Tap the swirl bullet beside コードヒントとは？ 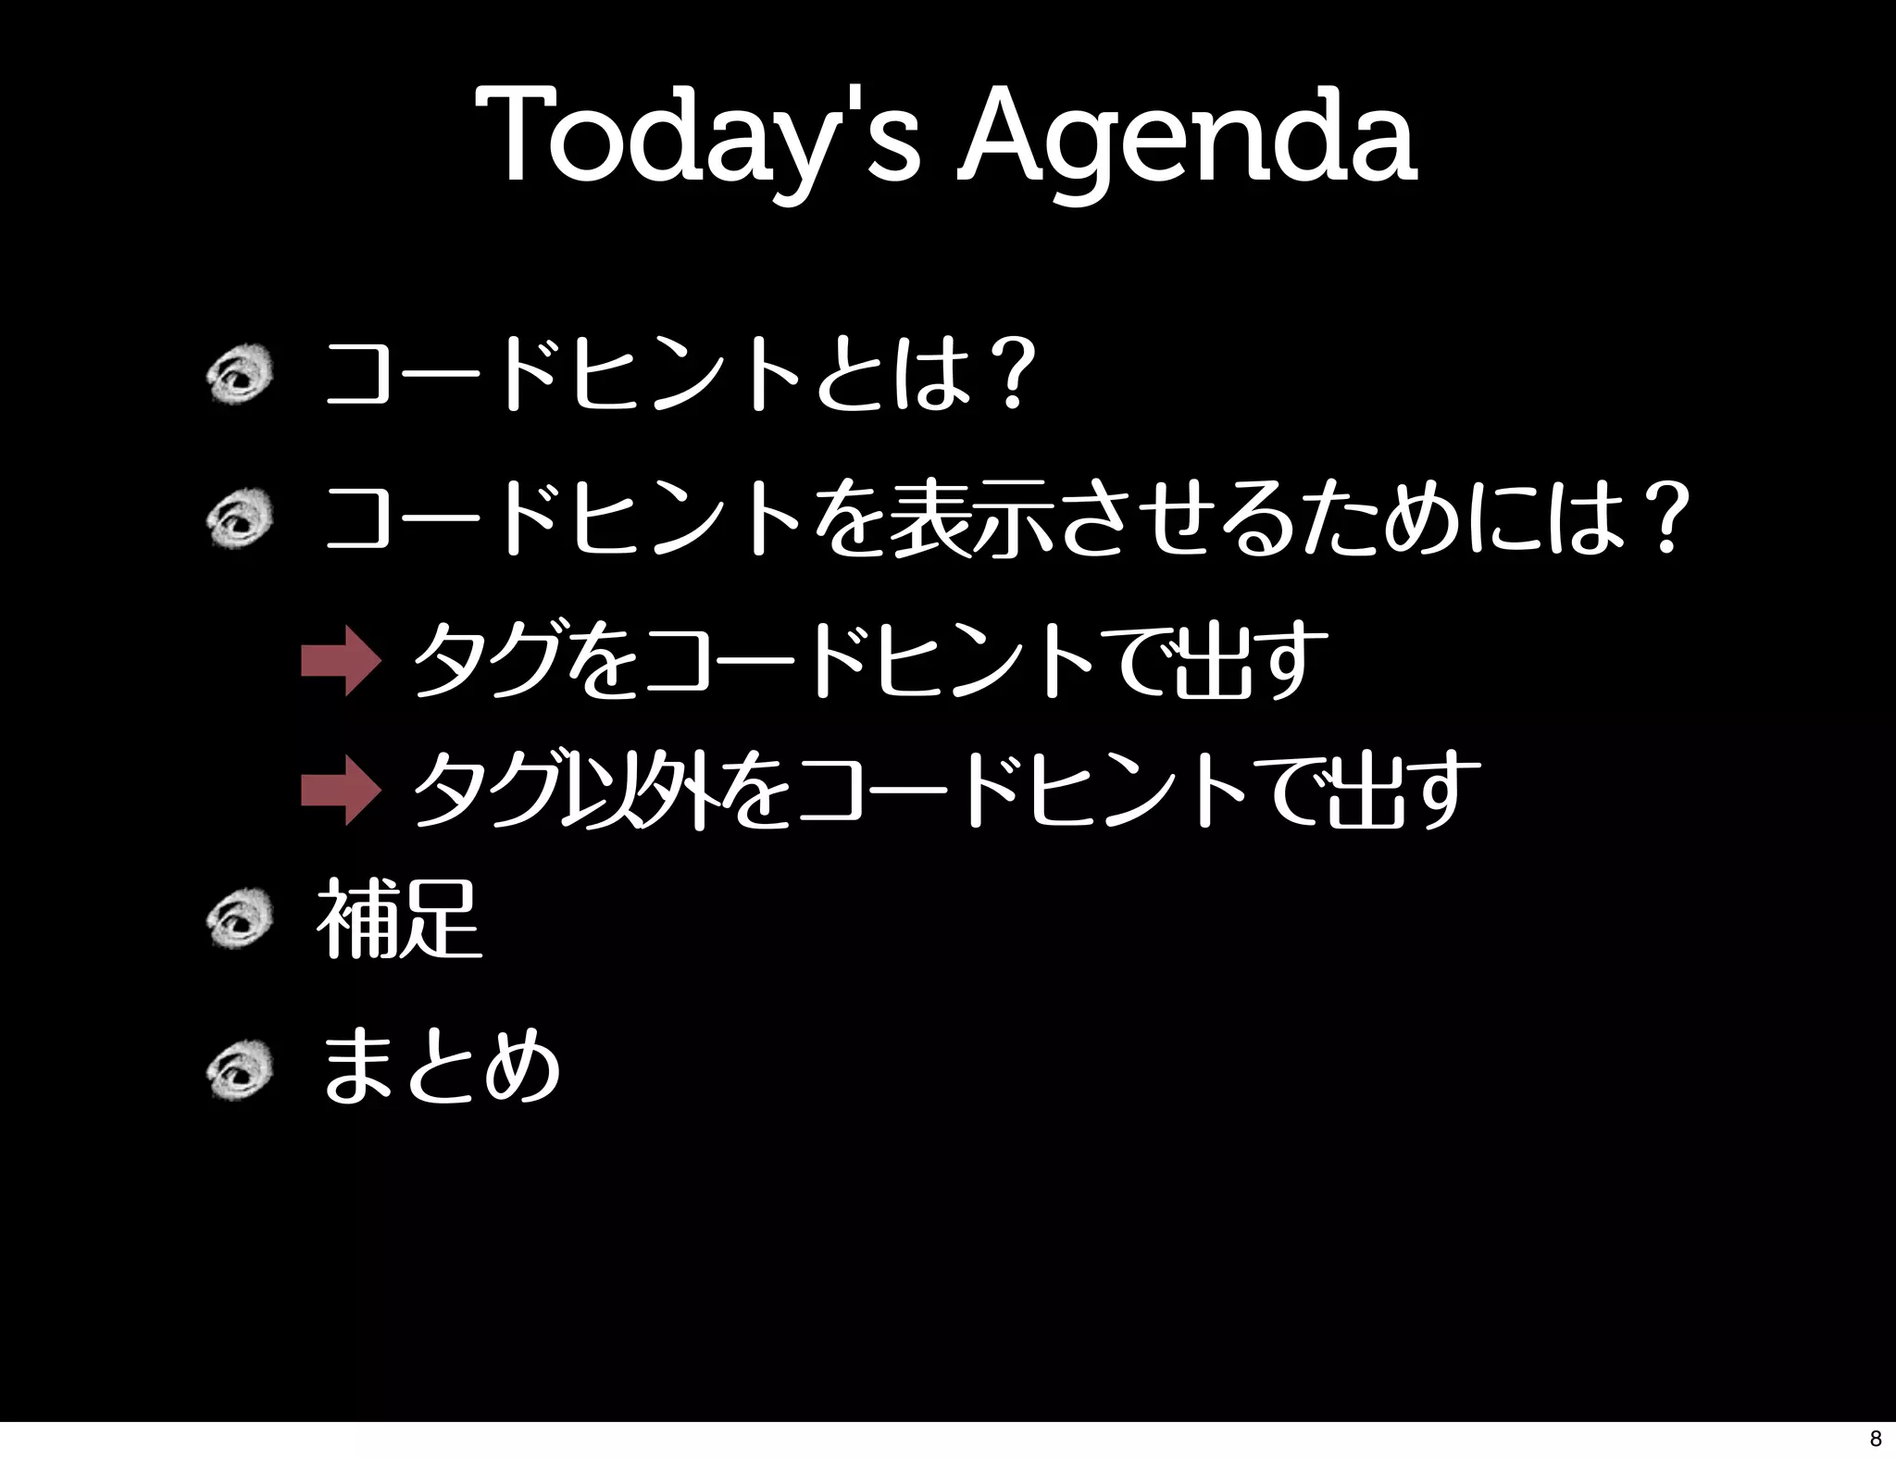coord(239,374)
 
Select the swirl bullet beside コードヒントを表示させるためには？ coord(239,520)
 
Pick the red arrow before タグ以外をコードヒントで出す coord(340,790)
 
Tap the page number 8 coord(1876,1439)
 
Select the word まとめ coord(441,1067)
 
